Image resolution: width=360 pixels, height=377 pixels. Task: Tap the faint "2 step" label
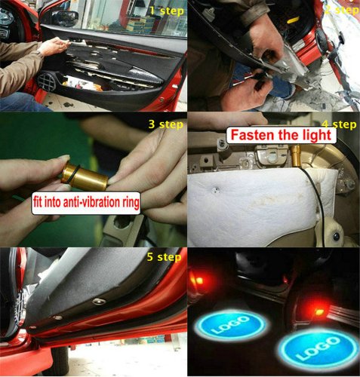(x=341, y=11)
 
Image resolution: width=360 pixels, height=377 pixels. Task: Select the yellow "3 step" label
(x=165, y=124)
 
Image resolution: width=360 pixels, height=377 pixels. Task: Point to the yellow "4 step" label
(x=339, y=124)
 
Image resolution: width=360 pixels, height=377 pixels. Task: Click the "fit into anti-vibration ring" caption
(x=86, y=203)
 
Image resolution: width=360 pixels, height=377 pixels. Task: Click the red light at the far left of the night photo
(x=198, y=280)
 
